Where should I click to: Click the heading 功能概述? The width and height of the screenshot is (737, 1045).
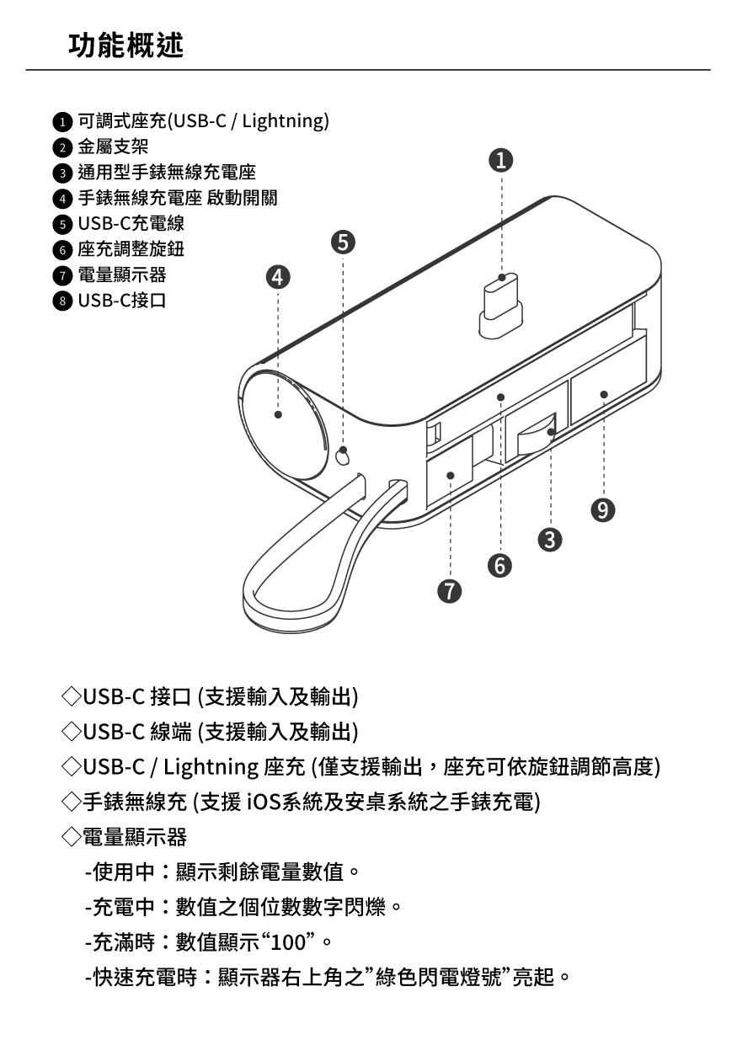126,45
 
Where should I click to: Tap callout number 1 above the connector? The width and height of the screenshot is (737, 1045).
501,160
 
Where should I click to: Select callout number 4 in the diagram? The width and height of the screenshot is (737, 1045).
279,277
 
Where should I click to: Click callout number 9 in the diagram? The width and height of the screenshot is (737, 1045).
603,509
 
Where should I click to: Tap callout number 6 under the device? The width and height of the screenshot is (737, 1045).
501,566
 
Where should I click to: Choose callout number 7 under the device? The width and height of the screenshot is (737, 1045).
451,592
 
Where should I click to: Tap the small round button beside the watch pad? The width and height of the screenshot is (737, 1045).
343,456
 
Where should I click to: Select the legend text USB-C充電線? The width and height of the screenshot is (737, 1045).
131,224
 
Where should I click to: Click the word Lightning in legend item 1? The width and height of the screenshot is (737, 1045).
282,121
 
